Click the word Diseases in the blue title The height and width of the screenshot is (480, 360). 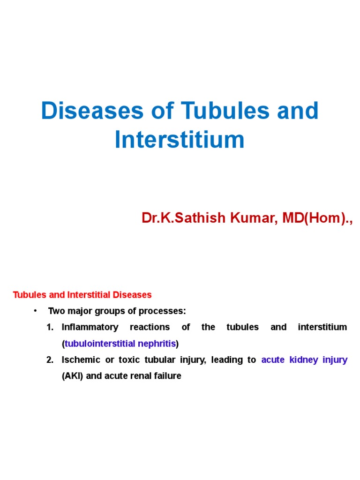(x=92, y=111)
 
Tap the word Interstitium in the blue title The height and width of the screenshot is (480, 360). (x=180, y=140)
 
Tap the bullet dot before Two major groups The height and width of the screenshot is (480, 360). (x=36, y=311)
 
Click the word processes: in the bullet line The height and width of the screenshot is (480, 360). (x=162, y=311)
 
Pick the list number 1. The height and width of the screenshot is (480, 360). (x=50, y=327)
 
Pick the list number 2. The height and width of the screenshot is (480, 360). (x=50, y=360)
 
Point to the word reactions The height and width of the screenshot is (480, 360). (x=150, y=327)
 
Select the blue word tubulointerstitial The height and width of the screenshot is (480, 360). (x=100, y=344)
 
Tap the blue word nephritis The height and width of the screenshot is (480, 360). (x=157, y=344)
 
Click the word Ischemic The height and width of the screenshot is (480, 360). (x=81, y=360)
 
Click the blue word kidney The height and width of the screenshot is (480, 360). (x=304, y=360)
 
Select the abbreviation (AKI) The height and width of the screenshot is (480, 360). (x=73, y=376)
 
